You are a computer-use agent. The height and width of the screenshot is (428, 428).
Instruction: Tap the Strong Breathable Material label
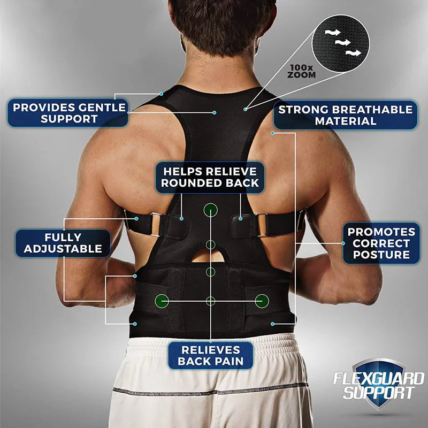[345, 115]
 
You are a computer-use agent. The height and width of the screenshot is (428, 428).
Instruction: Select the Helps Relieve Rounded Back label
[210, 177]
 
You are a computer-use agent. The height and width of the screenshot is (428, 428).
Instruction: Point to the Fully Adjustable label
[63, 242]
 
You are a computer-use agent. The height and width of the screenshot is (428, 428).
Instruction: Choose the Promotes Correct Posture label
[381, 243]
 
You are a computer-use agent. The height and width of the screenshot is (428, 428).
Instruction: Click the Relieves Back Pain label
[210, 356]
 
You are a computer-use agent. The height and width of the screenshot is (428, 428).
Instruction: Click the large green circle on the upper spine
[211, 209]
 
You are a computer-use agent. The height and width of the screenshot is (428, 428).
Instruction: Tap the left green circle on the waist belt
[161, 301]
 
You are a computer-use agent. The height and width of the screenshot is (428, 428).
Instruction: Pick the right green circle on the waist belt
[261, 301]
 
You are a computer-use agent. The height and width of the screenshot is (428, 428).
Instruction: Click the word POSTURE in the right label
[381, 255]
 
